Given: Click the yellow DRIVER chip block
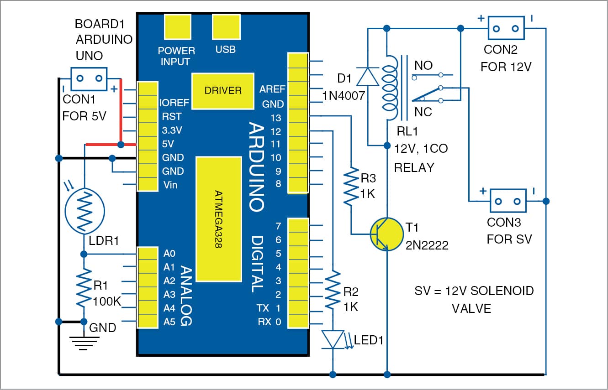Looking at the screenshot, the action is coord(223,91).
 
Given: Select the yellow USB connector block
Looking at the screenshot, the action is coord(227,27).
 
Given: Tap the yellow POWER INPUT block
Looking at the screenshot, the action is coord(178,27).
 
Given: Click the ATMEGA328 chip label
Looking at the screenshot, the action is coord(218,219).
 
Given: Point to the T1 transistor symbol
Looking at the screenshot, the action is coord(386,234).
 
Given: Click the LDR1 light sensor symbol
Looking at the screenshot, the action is coord(85,211).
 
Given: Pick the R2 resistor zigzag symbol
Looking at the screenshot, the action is coord(333,290).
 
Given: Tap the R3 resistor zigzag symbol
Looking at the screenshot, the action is coord(351,186).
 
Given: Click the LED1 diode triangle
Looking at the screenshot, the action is coord(333,339).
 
